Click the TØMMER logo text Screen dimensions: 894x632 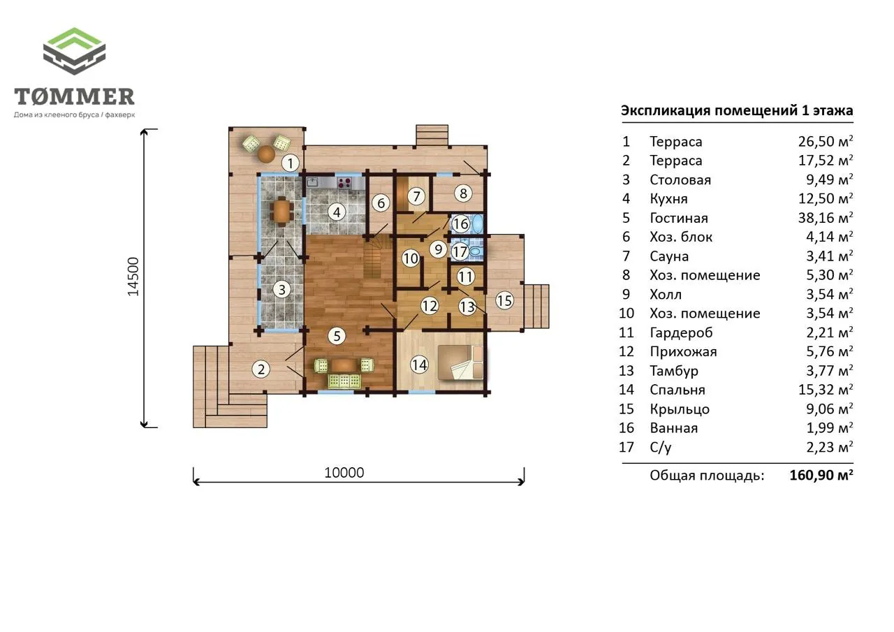pyautogui.click(x=74, y=96)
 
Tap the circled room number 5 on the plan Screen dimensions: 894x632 pyautogui.click(x=337, y=336)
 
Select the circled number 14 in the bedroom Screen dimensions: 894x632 pyautogui.click(x=420, y=365)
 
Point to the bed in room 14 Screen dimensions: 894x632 pyautogui.click(x=460, y=362)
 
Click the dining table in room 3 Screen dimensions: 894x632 pyautogui.click(x=282, y=211)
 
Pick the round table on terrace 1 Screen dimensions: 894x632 pyautogui.click(x=266, y=153)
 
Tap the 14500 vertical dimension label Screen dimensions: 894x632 pyautogui.click(x=133, y=277)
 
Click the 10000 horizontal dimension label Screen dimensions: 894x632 pyautogui.click(x=344, y=473)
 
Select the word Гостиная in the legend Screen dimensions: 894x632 pyautogui.click(x=679, y=219)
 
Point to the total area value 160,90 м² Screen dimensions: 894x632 pyautogui.click(x=821, y=475)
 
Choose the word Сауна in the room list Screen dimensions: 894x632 pyautogui.click(x=669, y=256)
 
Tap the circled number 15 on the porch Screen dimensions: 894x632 pyautogui.click(x=504, y=300)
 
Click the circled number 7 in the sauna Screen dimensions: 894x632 pyautogui.click(x=417, y=196)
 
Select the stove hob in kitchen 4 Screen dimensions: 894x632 pyautogui.click(x=344, y=183)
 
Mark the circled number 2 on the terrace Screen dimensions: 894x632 pyautogui.click(x=261, y=369)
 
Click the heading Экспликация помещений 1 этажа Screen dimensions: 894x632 pyautogui.click(x=737, y=110)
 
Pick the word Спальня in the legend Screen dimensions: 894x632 pyautogui.click(x=677, y=390)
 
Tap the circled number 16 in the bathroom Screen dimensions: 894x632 pyautogui.click(x=460, y=224)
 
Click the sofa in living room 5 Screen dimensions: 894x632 pyautogui.click(x=344, y=381)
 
